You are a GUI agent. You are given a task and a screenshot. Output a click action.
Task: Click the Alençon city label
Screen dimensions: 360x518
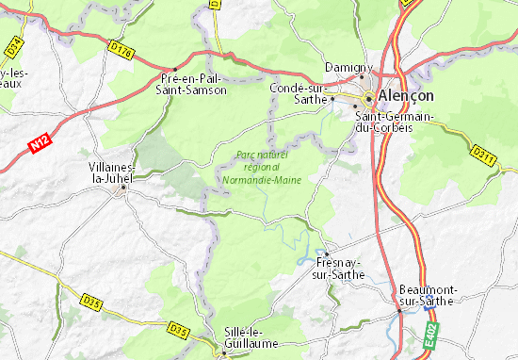408,96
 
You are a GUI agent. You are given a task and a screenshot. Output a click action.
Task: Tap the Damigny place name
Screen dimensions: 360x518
349,68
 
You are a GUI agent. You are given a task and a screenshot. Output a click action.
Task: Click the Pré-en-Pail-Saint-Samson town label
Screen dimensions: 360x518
195,84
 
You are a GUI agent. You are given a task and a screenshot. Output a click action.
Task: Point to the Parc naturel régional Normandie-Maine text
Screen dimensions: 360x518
259,166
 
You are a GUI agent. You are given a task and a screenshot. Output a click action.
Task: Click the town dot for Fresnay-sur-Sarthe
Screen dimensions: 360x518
322,253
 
